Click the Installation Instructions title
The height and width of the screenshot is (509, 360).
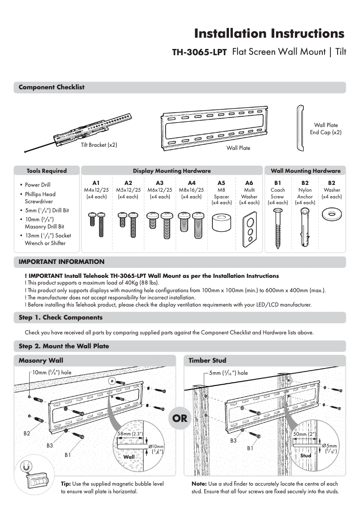[269, 34]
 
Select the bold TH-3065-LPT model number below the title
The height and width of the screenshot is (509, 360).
[199, 52]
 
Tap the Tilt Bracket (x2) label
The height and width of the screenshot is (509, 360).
[99, 145]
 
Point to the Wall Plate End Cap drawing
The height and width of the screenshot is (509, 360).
[300, 129]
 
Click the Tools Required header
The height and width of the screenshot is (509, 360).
[47, 171]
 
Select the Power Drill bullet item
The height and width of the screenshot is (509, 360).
[38, 185]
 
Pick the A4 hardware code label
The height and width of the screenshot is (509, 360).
[192, 183]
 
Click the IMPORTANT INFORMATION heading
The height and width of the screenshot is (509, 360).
[61, 262]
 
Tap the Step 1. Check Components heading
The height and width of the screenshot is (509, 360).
[61, 317]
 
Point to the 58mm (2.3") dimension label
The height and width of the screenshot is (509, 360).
[130, 434]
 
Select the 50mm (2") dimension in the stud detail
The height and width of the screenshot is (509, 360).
[304, 434]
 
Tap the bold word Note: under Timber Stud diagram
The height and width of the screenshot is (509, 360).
[199, 484]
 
